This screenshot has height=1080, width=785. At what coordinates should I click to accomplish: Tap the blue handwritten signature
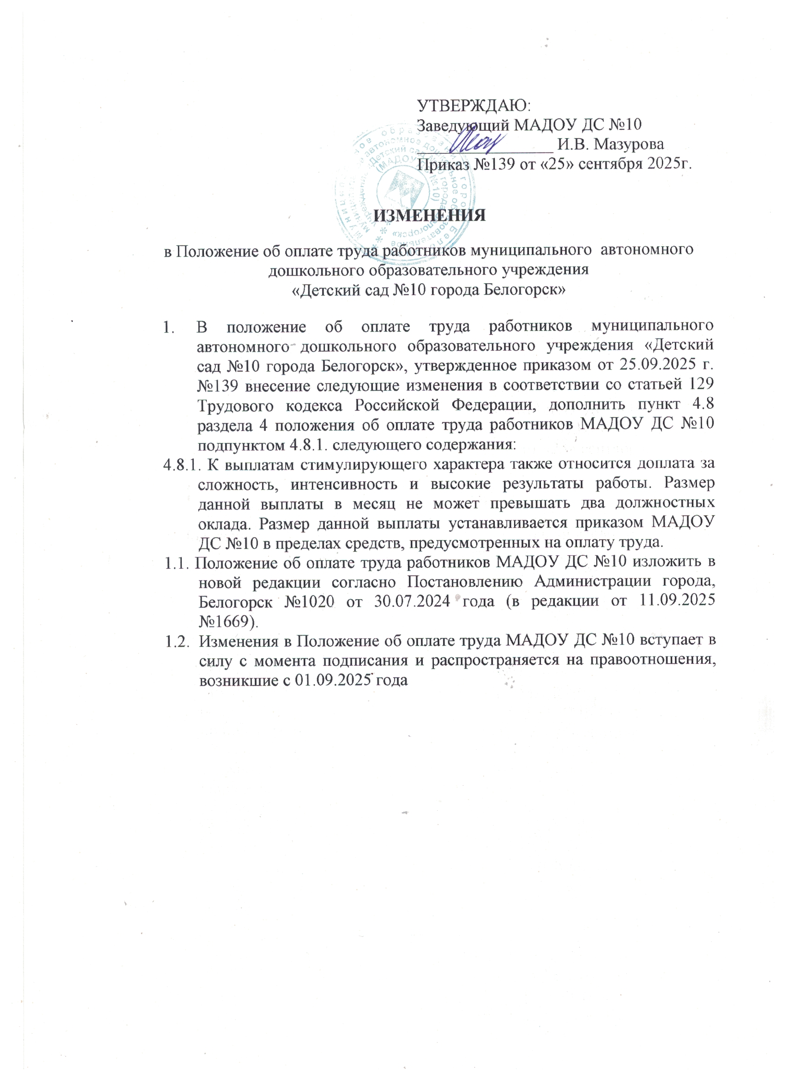[x=476, y=141]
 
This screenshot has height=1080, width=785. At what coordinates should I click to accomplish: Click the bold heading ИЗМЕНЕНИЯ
[x=429, y=215]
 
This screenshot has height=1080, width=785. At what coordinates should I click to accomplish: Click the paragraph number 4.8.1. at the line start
[x=182, y=464]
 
